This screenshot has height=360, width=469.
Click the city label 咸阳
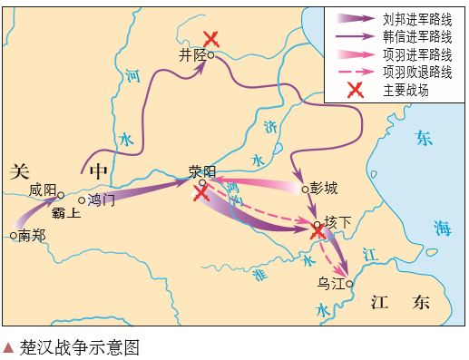pyautogui.click(x=42, y=190)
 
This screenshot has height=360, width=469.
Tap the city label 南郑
pyautogui.click(x=32, y=235)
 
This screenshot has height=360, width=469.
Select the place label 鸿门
pyautogui.click(x=102, y=200)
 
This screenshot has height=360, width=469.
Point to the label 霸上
pyautogui.click(x=64, y=214)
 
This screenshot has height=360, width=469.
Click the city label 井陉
pyautogui.click(x=192, y=55)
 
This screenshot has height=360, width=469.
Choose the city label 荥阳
pyautogui.click(x=202, y=170)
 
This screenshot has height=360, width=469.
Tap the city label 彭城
pyautogui.click(x=324, y=189)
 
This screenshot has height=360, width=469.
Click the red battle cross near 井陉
pyautogui.click(x=211, y=38)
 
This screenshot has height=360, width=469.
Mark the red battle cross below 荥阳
pyautogui.click(x=201, y=192)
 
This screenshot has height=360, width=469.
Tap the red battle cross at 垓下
pyautogui.click(x=318, y=232)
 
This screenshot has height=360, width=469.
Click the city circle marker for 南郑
pyautogui.click(x=14, y=236)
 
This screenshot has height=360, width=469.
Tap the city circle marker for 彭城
pyautogui.click(x=305, y=189)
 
